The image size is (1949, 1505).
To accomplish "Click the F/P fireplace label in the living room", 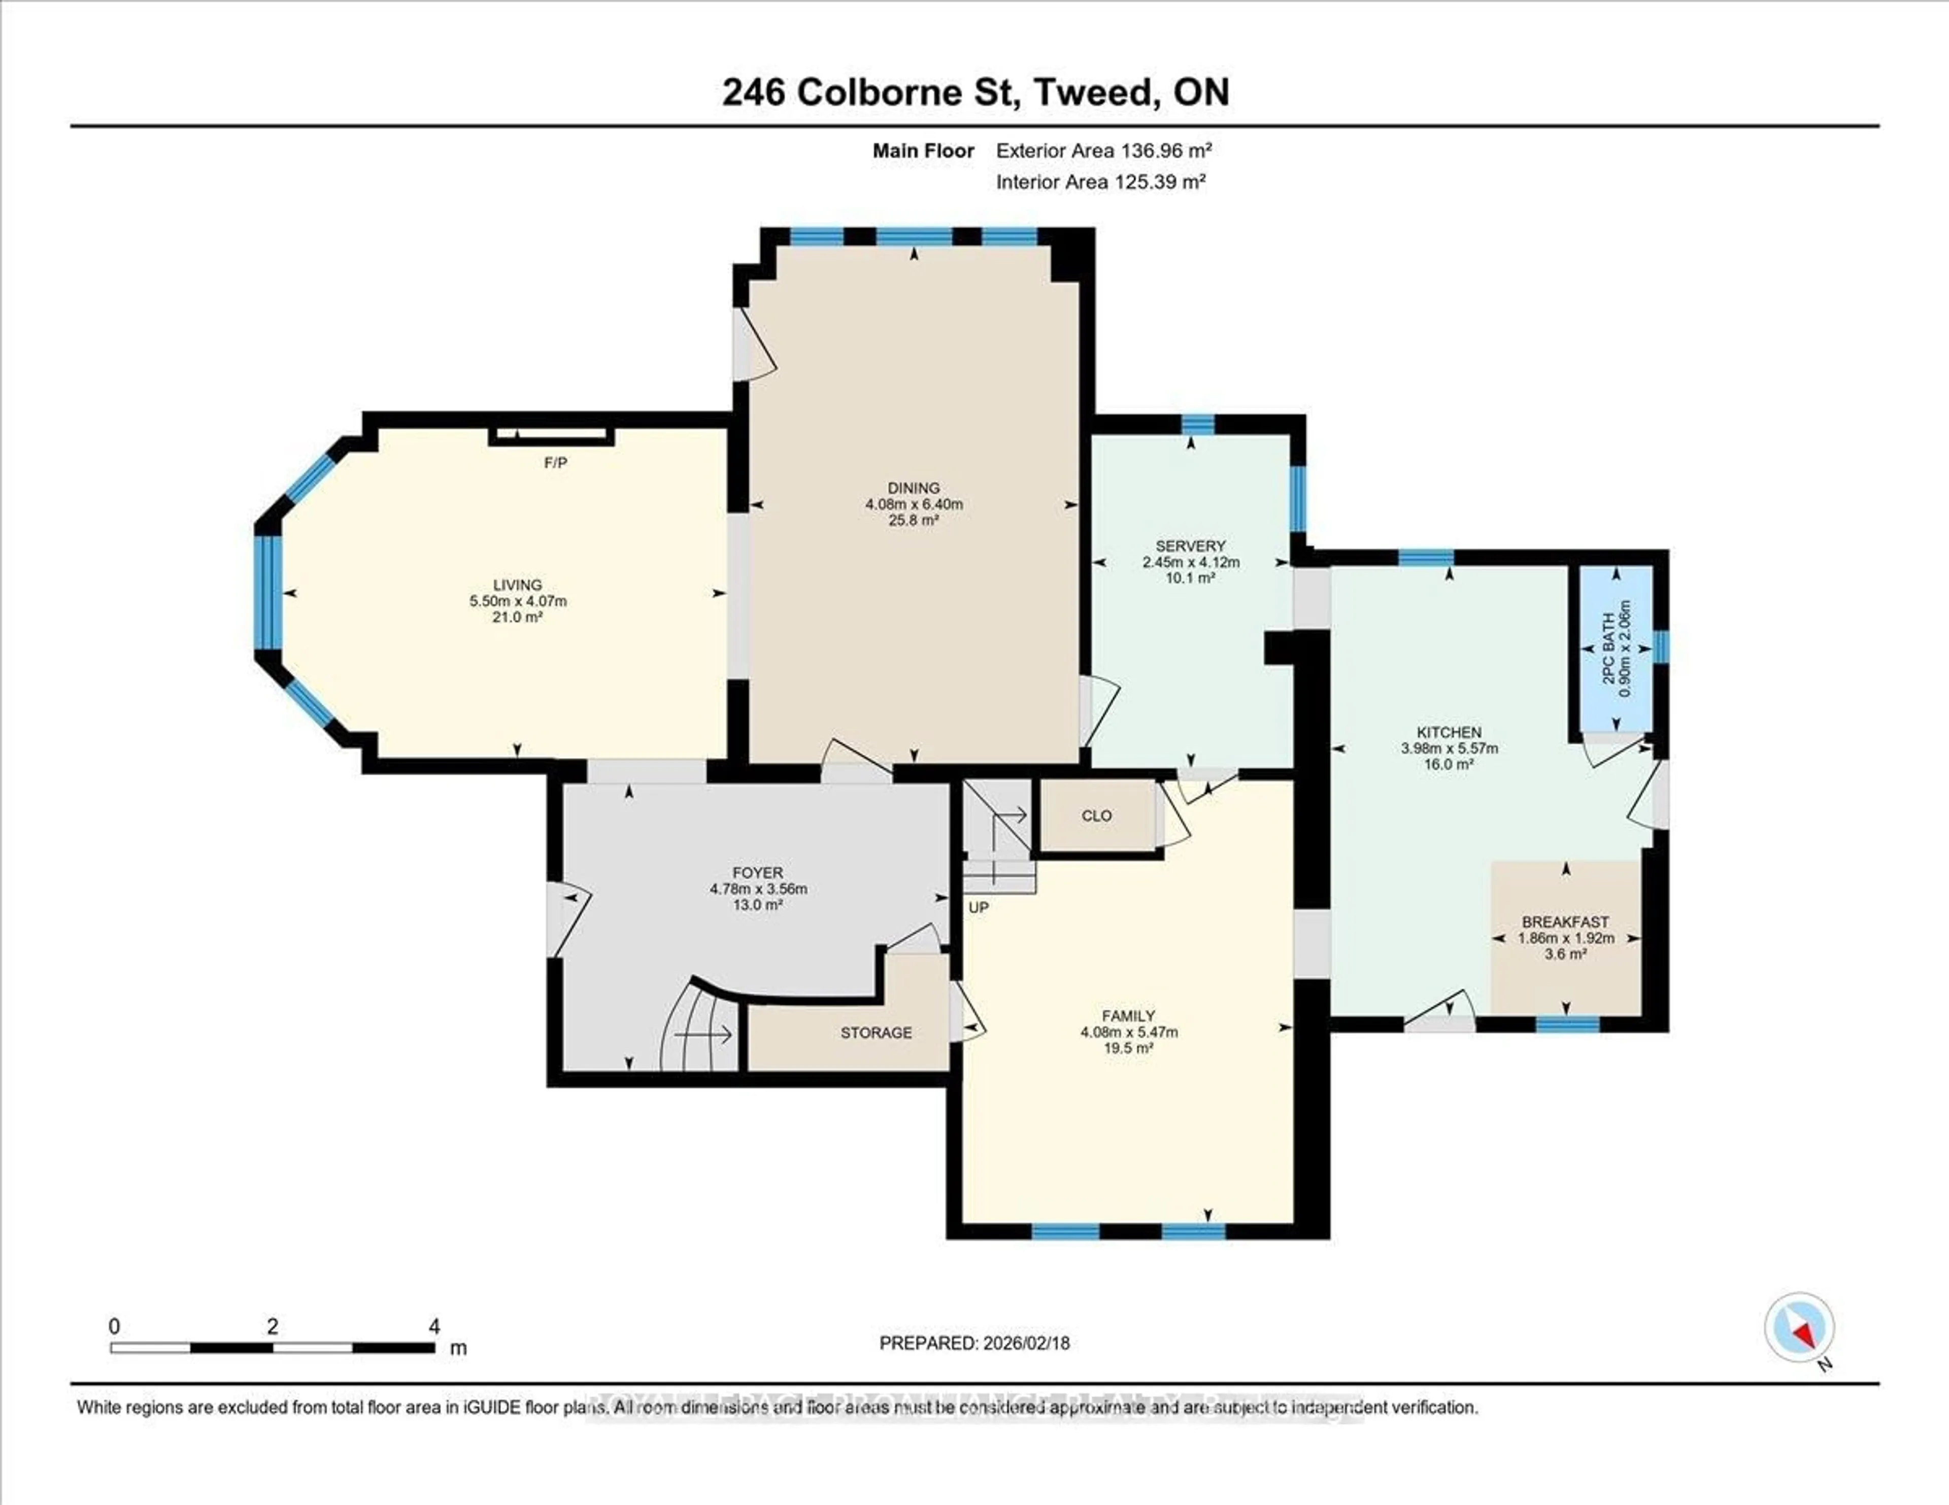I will point(555,463).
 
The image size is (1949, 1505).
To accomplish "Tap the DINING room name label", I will point(913,488).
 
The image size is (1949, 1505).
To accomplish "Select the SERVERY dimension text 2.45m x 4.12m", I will point(1190,562).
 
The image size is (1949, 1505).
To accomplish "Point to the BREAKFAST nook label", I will point(1565,921).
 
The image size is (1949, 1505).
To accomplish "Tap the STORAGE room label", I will point(876,1032).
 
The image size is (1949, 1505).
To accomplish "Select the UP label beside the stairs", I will point(978,907).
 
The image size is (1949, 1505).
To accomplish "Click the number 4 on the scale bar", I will point(434,1326).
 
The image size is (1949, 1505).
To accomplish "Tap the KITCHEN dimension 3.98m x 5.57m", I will point(1449,748).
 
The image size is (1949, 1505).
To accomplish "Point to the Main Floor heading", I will point(923,151).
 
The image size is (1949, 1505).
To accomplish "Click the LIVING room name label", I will point(518,585).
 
